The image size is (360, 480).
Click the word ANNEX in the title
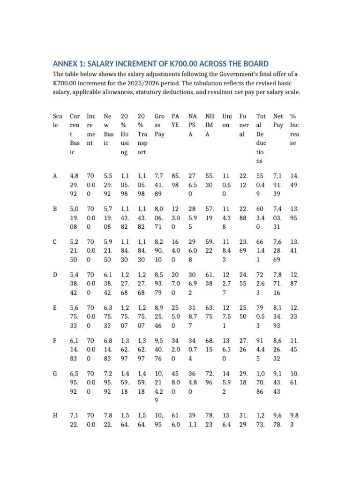(66, 64)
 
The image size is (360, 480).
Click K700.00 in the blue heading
(171, 64)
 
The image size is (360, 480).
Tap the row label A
(55, 176)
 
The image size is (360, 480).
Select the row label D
(55, 274)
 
